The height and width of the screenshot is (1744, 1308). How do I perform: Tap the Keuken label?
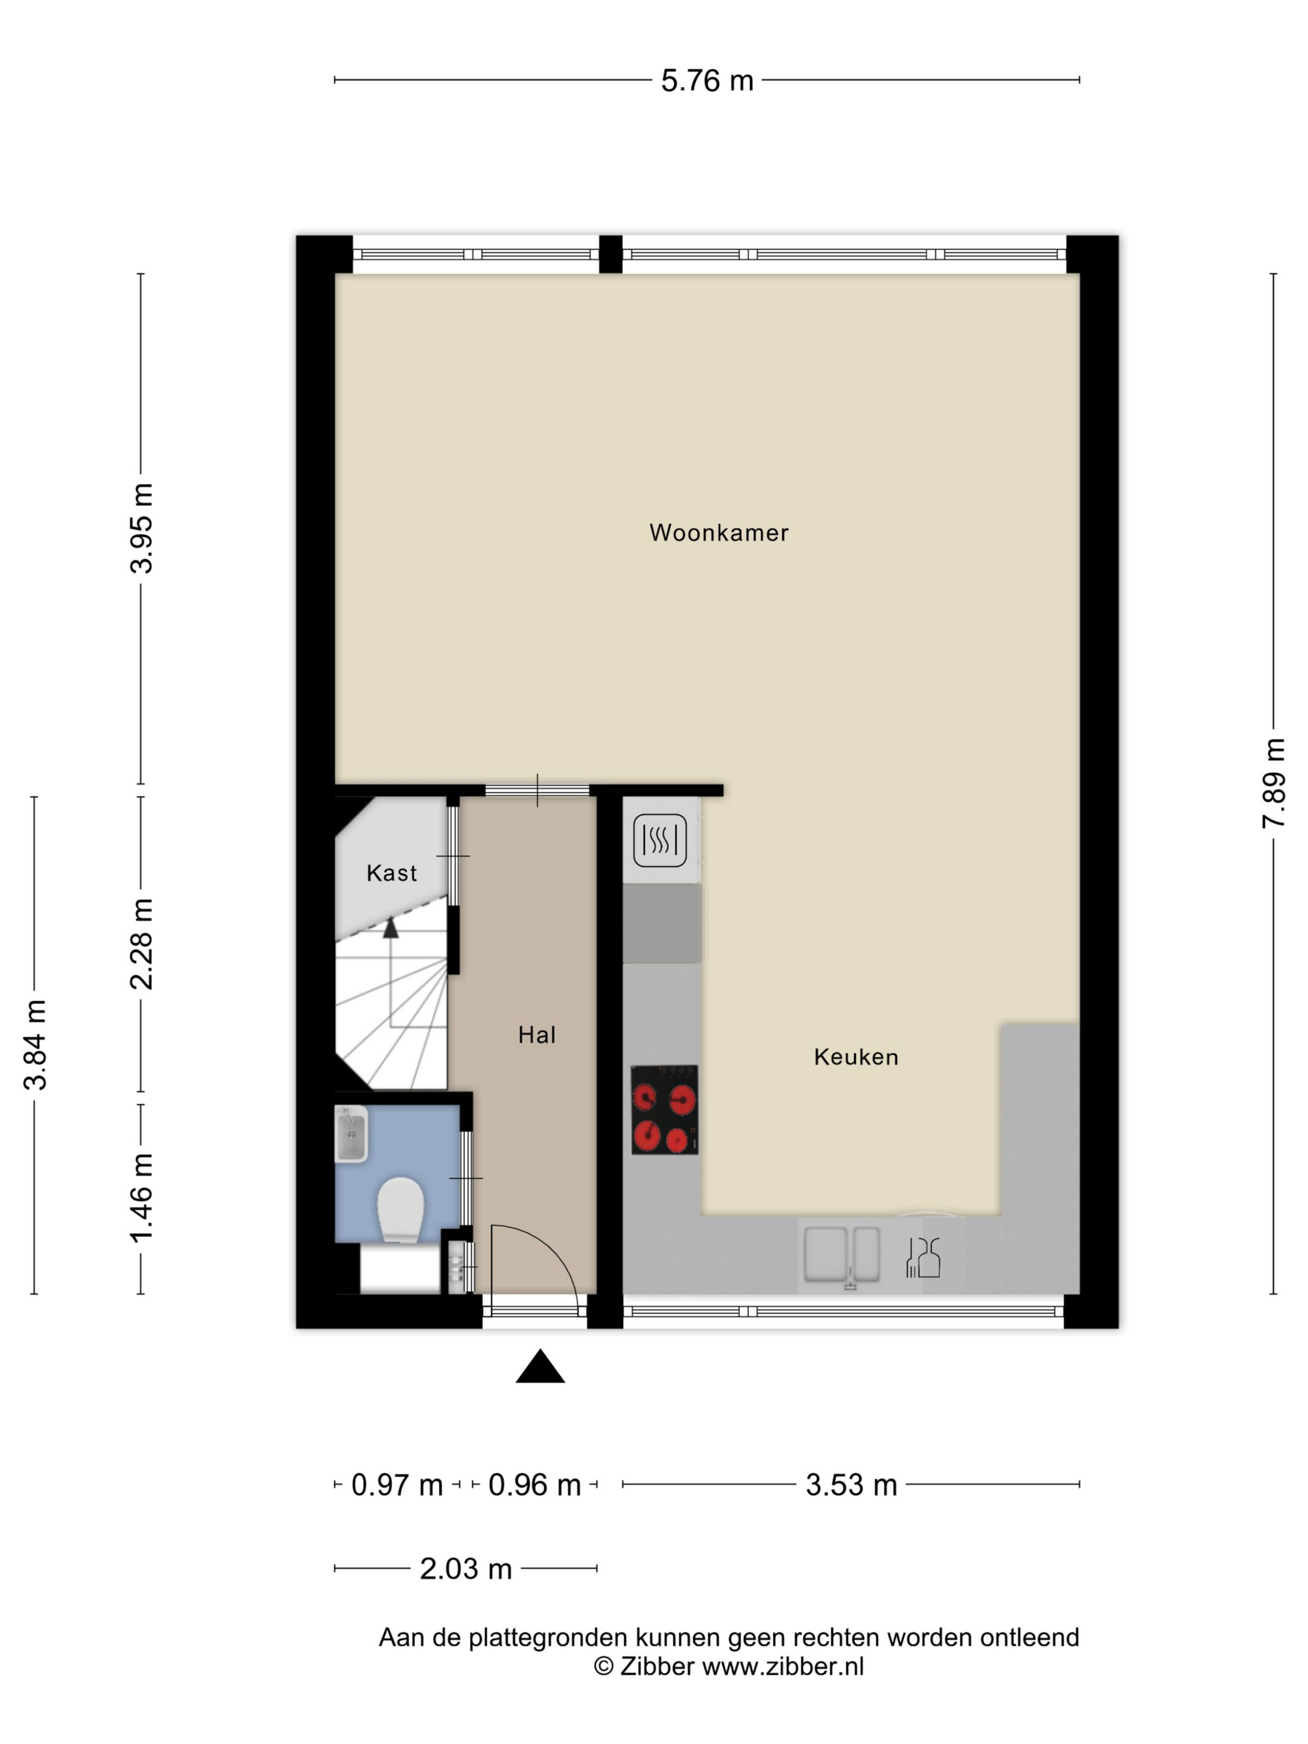coord(856,1056)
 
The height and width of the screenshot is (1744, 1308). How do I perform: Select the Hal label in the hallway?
coord(537,1035)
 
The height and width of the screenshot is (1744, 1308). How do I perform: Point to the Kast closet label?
coord(392,873)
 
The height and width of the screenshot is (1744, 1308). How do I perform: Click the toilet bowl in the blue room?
coord(400,1210)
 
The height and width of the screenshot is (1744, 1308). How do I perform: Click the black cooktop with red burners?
coord(665,1109)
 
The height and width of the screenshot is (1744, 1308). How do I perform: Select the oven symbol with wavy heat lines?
coord(660,840)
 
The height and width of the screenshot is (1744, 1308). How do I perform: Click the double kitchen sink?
coord(841,1254)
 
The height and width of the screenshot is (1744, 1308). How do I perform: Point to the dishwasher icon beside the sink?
coord(923,1257)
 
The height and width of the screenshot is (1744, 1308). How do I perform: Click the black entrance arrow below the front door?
coord(540,1367)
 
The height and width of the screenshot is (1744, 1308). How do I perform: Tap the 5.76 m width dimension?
coord(707,80)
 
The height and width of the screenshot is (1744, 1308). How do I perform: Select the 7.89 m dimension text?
coord(1273,783)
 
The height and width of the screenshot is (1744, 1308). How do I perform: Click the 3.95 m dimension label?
coord(142,528)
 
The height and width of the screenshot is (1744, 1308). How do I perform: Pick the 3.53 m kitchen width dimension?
coord(851,1485)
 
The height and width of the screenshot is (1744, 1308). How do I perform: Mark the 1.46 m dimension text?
coord(142,1198)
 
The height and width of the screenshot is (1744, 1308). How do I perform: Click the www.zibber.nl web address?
coord(783,1666)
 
